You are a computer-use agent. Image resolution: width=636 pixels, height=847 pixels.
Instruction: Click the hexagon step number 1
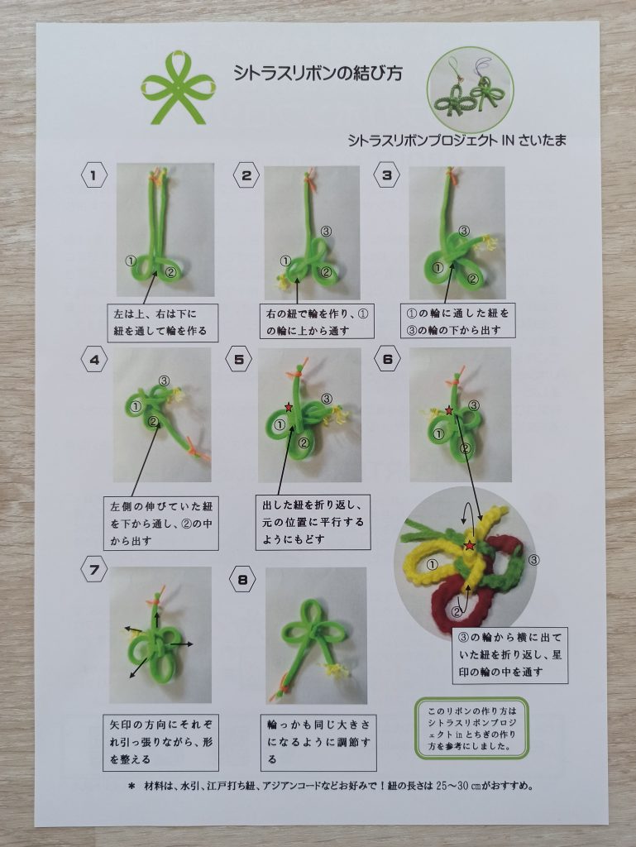(94, 175)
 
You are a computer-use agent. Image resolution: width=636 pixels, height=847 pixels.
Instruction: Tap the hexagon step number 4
(95, 359)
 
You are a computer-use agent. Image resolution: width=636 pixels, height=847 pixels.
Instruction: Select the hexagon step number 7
(94, 570)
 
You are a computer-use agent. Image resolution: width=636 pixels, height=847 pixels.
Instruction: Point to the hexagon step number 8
(242, 580)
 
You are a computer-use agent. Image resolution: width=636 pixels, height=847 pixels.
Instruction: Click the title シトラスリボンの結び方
(318, 74)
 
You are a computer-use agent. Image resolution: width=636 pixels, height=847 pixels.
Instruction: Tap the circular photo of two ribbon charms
(470, 90)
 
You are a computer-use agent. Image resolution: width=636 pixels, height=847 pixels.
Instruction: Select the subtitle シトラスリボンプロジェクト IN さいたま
(457, 141)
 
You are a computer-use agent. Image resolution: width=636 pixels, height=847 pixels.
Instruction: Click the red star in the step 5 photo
(289, 406)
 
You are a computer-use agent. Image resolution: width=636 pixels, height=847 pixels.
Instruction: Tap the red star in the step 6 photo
(448, 410)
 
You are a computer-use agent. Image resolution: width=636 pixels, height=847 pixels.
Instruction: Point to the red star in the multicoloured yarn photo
(469, 546)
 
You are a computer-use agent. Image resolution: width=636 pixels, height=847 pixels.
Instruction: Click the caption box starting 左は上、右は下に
(162, 323)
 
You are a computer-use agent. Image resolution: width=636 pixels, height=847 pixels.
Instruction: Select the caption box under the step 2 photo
(317, 322)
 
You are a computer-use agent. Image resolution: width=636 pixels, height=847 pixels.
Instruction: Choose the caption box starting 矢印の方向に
(161, 742)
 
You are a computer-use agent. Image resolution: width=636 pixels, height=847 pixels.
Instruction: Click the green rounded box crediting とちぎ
(471, 728)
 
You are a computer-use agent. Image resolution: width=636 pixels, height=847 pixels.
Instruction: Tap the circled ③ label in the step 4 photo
(164, 381)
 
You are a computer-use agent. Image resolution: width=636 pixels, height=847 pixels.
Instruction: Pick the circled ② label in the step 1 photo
(170, 272)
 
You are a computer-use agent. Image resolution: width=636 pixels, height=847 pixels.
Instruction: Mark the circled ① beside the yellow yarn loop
(432, 565)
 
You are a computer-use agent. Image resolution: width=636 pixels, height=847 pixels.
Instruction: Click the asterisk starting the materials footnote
(131, 787)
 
